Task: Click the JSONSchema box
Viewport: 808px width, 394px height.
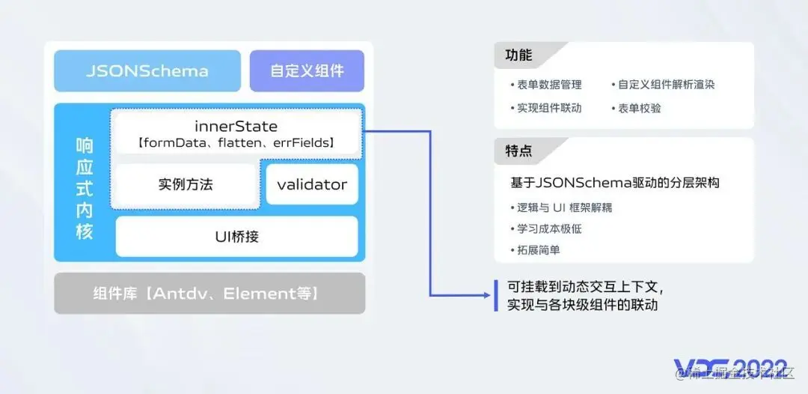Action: click(147, 71)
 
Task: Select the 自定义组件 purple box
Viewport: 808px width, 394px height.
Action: click(307, 71)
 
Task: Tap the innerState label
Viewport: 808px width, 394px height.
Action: click(236, 126)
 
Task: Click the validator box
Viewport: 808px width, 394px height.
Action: click(312, 184)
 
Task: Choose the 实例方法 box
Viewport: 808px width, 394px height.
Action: click(186, 184)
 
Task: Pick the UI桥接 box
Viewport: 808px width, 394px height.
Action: click(236, 236)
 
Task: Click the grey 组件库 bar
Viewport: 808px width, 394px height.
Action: click(209, 293)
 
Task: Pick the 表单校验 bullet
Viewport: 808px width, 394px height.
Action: click(639, 108)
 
